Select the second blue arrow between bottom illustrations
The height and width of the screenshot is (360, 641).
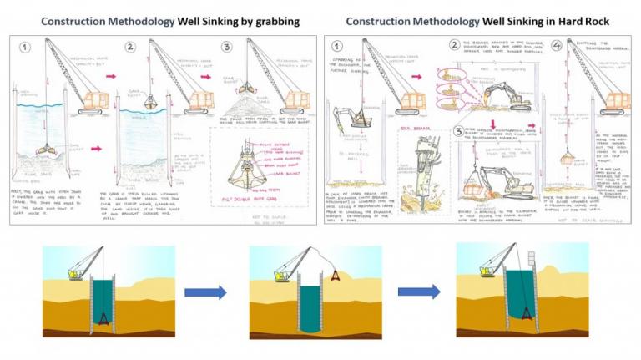[419, 292]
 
